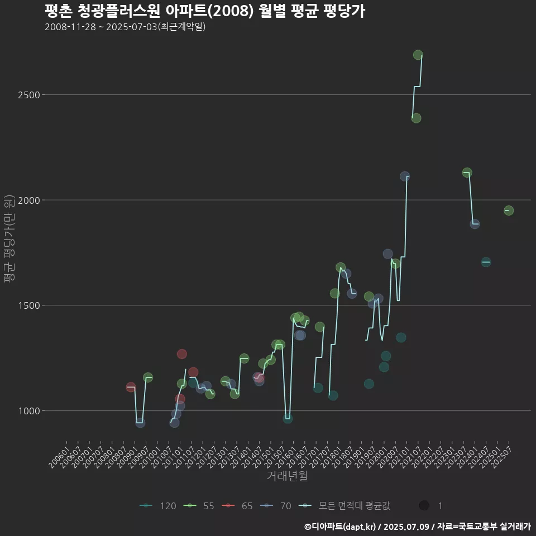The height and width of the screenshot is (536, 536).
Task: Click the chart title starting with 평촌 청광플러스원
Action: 204,11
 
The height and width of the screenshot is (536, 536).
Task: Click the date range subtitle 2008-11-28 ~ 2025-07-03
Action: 125,27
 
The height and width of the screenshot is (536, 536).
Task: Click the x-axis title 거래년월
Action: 287,476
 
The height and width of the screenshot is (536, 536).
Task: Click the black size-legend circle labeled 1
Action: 424,506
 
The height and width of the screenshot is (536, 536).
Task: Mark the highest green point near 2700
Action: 418,55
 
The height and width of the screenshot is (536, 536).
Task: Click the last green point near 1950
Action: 509,210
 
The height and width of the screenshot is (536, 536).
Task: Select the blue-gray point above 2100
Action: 405,176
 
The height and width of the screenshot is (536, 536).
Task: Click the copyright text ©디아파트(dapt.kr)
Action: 341,527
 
